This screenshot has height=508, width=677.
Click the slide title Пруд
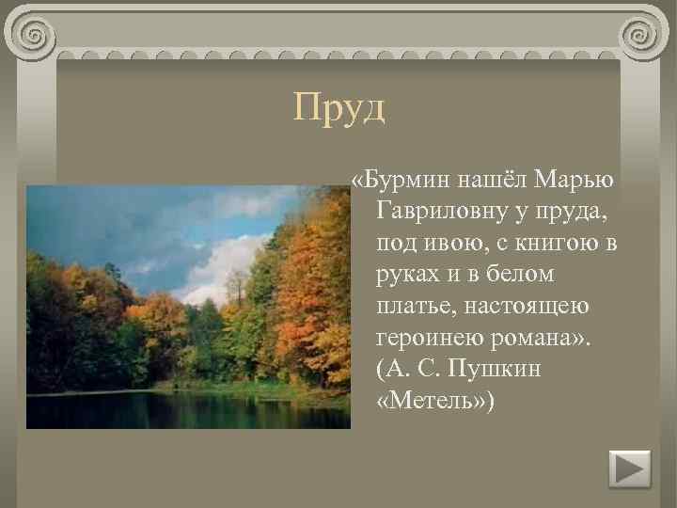click(x=338, y=107)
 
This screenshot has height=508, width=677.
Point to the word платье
click(x=414, y=306)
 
